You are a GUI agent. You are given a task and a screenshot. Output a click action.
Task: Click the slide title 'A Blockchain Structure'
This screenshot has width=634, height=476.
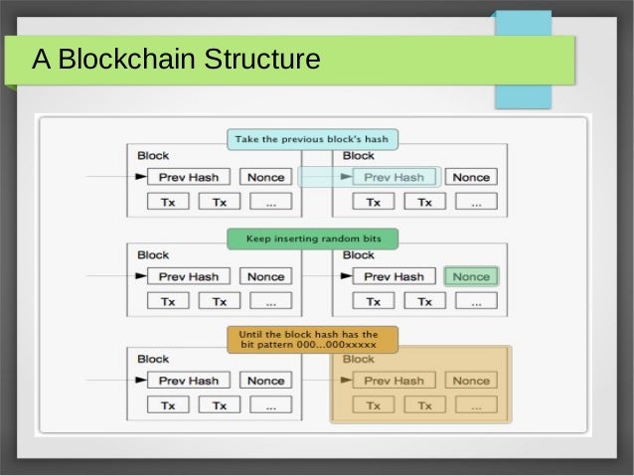coord(176,61)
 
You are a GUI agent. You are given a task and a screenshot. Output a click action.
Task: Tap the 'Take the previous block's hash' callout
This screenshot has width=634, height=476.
coord(311,139)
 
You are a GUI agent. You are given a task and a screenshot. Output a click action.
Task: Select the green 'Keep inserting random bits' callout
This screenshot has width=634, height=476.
coord(311,238)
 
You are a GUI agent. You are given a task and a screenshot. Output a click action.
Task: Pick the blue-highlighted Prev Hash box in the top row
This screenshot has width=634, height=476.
coord(394,177)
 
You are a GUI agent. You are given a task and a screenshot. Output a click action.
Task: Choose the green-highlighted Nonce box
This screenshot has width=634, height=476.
coord(471,276)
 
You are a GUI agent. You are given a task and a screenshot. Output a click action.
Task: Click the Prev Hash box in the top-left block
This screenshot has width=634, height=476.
coord(189,177)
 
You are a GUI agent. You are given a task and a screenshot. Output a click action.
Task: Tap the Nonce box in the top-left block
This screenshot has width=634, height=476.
coord(265,177)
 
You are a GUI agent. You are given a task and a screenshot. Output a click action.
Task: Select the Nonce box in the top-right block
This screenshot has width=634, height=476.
coord(471,177)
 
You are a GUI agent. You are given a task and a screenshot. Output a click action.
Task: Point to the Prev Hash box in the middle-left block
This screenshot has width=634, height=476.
coord(189,276)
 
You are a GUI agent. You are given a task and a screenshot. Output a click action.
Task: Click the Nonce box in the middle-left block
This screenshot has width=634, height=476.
coord(265,276)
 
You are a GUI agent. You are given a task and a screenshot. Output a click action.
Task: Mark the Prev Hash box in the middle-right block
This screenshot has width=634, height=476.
coord(394,276)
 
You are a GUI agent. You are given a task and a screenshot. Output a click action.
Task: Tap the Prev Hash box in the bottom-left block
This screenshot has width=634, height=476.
coord(189,381)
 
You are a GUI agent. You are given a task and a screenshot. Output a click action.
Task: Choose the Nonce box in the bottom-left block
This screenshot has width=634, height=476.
coord(265,381)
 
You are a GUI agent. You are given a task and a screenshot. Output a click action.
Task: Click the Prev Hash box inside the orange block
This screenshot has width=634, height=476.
coord(394,381)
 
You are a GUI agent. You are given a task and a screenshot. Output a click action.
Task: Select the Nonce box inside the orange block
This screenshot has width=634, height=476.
coord(471,381)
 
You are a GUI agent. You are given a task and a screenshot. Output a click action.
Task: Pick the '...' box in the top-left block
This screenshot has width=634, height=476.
coord(271,203)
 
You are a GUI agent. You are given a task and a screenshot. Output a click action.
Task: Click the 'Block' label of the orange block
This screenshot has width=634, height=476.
coord(359,359)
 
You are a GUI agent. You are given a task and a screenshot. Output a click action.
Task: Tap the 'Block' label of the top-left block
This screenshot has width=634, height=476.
coord(153,155)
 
